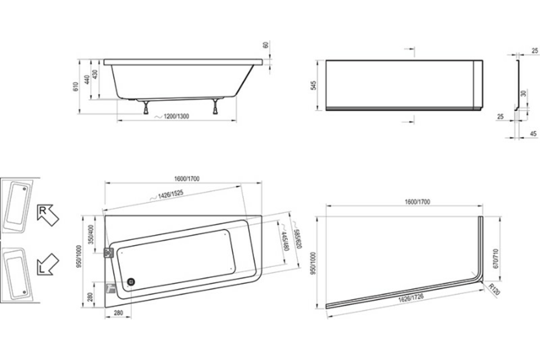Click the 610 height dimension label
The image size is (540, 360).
click(x=76, y=87)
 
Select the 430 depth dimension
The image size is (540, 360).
click(x=95, y=74)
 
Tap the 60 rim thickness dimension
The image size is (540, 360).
click(x=265, y=45)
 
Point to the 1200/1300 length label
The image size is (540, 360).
click(x=176, y=116)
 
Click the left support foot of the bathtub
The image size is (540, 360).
click(x=146, y=108)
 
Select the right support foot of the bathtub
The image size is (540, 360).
click(x=215, y=106)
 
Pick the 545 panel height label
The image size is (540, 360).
click(x=313, y=85)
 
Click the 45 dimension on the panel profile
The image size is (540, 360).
click(x=534, y=133)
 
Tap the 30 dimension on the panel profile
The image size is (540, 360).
click(x=523, y=93)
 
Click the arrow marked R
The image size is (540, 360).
click(x=48, y=215)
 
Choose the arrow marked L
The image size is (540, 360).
click(x=48, y=265)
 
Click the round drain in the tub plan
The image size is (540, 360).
click(x=131, y=282)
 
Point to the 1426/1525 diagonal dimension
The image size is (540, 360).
click(x=171, y=194)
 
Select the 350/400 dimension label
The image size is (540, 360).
click(x=91, y=234)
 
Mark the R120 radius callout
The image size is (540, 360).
click(x=494, y=289)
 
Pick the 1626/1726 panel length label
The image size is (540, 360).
click(x=411, y=298)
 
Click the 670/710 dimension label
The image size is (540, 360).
click(x=496, y=258)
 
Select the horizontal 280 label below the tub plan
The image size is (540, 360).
click(x=118, y=313)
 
